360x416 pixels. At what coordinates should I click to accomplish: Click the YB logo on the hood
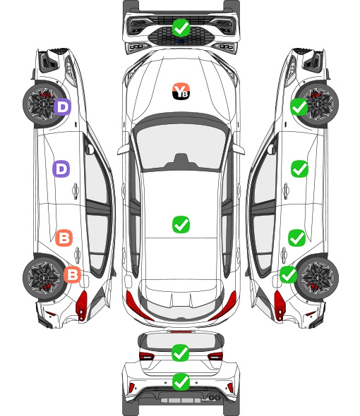181,91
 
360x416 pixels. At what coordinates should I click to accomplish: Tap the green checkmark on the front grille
181,28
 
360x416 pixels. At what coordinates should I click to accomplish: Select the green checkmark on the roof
181,224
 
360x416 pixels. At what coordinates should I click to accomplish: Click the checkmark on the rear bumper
181,382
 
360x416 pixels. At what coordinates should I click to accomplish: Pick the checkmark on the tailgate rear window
181,353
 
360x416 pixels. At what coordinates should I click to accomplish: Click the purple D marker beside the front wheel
62,107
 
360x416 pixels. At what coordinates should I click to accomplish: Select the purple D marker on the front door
61,169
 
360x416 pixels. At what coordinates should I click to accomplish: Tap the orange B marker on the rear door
64,238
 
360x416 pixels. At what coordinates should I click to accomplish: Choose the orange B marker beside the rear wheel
72,274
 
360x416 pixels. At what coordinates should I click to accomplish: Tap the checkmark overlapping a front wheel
299,107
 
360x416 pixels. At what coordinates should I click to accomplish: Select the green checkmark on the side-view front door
299,169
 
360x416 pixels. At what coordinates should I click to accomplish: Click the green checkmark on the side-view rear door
297,238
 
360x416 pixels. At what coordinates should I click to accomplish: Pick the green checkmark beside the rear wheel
289,274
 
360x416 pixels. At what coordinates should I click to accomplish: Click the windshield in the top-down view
181,146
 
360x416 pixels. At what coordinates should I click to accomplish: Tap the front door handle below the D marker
76,190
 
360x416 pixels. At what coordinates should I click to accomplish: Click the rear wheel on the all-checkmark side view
318,279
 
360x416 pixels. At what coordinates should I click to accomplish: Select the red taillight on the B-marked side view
82,305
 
